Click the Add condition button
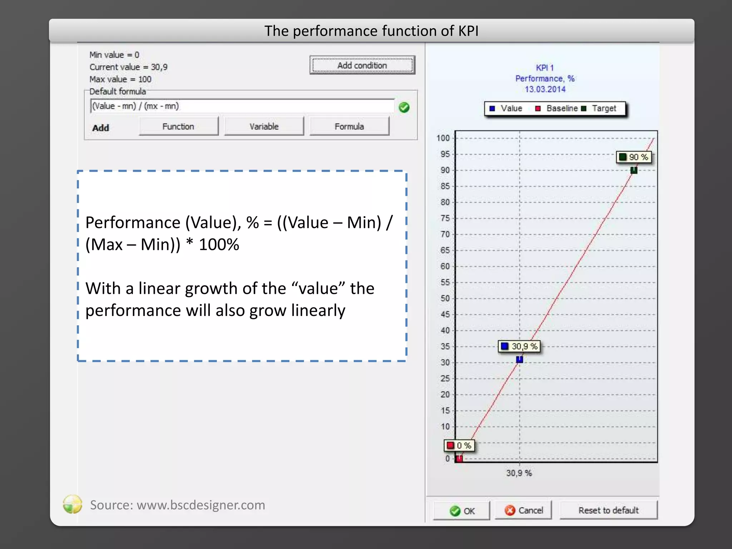coord(362,65)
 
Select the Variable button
coord(264,126)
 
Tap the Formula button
coord(349,126)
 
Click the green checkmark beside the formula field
coord(404,107)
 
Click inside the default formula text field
coord(242,106)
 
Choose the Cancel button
coord(523,510)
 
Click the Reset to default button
coord(608,510)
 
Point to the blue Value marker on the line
coord(519,360)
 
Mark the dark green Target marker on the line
coord(634,170)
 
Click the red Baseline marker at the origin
coord(459,458)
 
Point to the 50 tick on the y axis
coord(445,298)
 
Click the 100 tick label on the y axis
coord(443,138)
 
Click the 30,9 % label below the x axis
coord(519,473)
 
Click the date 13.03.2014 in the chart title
coord(545,89)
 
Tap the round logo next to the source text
coord(73,504)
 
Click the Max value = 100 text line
coord(120,79)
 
